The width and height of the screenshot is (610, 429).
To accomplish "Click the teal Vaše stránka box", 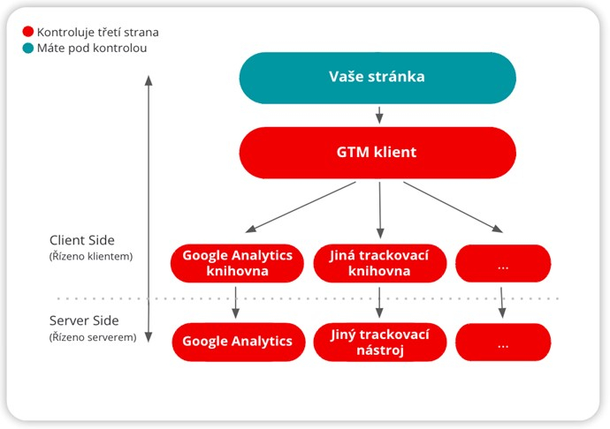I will [377, 77].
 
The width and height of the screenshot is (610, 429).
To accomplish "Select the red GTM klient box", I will [377, 152].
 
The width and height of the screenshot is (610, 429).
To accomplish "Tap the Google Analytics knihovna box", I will [237, 263].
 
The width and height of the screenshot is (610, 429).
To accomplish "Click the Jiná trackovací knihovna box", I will [379, 263].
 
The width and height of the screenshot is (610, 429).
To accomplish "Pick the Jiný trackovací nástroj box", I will [379, 342].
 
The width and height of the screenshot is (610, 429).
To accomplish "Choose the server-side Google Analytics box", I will [237, 342].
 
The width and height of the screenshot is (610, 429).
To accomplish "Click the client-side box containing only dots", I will [502, 263].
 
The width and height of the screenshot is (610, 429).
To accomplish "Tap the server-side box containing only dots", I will [502, 342].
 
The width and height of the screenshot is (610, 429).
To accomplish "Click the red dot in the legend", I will [28, 32].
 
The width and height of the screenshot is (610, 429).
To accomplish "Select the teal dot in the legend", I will [28, 48].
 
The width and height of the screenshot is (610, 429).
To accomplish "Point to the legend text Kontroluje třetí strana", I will [97, 32].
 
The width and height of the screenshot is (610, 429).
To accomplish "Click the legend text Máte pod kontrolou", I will [92, 48].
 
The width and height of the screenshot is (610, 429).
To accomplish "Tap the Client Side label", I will [82, 240].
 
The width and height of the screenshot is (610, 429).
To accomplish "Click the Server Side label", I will [84, 320].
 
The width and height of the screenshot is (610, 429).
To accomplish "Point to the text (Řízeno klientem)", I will [91, 256].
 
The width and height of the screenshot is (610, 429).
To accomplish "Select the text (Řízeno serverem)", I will [93, 336].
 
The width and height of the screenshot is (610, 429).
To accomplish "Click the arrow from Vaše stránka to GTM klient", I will [378, 115].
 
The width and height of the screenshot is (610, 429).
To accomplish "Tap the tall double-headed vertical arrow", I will [149, 207].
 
